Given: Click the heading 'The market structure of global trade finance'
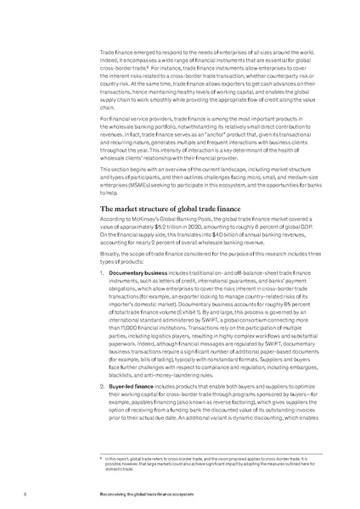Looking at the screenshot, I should click(166, 208).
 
